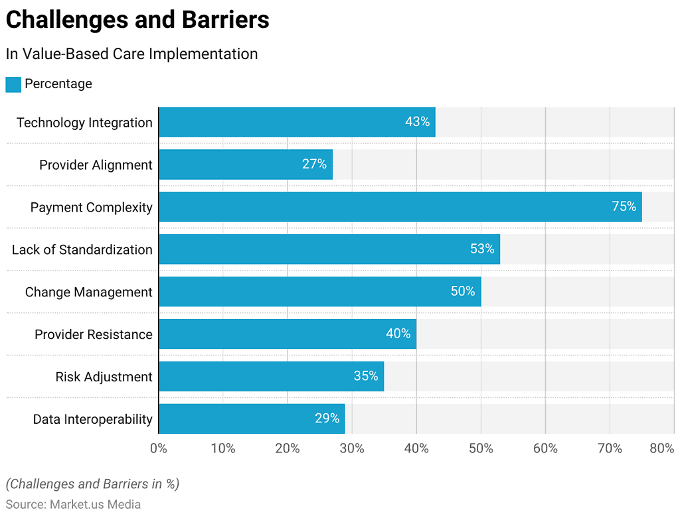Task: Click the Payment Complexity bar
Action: coord(400,207)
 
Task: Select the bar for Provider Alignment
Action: coord(245,164)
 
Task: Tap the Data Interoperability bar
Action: coord(252,419)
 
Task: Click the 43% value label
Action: coord(417,122)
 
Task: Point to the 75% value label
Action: coord(624,207)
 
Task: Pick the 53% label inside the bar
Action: coord(481,249)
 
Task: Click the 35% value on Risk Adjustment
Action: coord(365,376)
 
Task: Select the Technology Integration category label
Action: coord(84,123)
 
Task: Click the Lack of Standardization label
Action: coord(82,250)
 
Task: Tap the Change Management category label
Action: coord(88,292)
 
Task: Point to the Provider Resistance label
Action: coord(93,334)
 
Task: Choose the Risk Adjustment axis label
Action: coord(104,377)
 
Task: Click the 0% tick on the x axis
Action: coord(159,449)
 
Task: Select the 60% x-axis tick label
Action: coord(545,449)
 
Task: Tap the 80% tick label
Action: coord(661,449)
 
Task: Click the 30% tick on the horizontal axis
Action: coord(352,449)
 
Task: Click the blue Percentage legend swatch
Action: coord(13,84)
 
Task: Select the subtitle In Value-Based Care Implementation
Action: coord(131,54)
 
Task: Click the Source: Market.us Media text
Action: coord(73,504)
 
